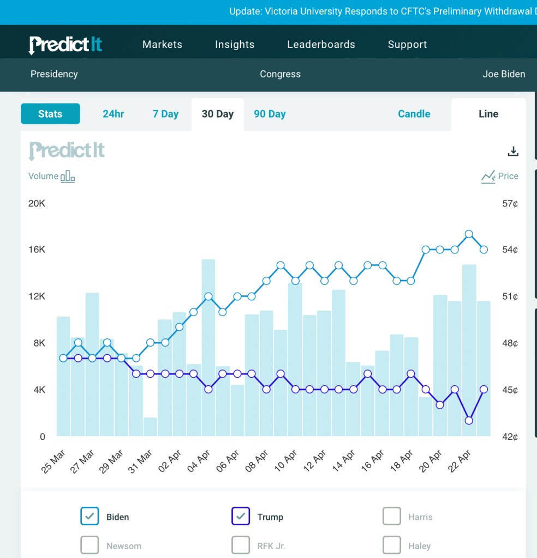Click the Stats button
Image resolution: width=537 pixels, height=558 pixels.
click(50, 114)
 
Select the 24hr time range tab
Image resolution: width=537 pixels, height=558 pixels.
click(114, 114)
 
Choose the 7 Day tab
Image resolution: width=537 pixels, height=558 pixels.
click(165, 114)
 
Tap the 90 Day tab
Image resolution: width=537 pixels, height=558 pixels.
click(270, 114)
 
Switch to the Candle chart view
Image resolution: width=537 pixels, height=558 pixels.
click(414, 114)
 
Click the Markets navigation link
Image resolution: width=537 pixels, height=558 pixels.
click(162, 45)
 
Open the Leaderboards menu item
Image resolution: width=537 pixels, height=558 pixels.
click(321, 45)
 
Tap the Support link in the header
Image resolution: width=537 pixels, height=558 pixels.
click(407, 45)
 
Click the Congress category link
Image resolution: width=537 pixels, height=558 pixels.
click(280, 74)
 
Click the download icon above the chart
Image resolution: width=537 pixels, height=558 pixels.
click(513, 151)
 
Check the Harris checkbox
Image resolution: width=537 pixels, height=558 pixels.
click(392, 517)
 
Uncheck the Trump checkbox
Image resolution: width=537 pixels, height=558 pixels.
click(241, 517)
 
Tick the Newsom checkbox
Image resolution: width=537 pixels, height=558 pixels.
click(89, 545)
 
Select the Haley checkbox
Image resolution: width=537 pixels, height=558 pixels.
click(392, 545)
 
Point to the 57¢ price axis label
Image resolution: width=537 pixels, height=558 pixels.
click(510, 204)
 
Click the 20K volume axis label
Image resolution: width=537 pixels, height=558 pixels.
click(37, 204)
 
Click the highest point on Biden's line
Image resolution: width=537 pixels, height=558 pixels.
click(469, 234)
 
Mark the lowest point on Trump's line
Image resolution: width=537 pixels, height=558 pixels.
click(469, 420)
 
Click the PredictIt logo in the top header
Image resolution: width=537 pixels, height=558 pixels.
click(65, 45)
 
